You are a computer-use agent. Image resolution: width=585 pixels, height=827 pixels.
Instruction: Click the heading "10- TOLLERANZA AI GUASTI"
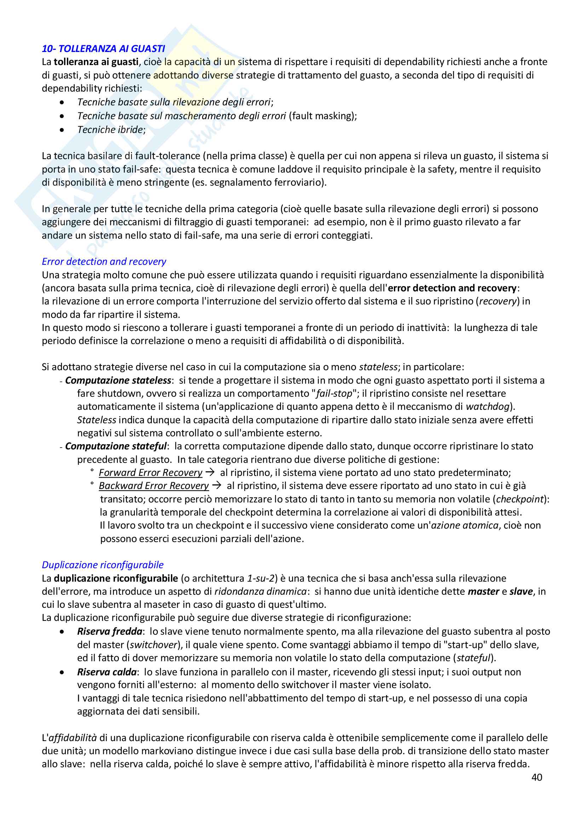(x=103, y=49)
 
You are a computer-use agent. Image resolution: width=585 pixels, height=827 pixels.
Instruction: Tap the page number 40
(x=537, y=777)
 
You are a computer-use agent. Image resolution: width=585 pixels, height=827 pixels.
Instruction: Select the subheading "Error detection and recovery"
(x=104, y=262)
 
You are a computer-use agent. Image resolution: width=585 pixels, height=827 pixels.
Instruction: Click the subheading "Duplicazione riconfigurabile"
(x=103, y=565)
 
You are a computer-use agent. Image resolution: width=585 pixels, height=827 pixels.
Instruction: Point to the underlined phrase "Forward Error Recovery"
(x=150, y=473)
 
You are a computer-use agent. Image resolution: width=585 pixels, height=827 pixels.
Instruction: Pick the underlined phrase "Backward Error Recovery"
(x=154, y=486)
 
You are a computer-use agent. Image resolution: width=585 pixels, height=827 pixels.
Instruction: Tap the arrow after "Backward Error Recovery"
(x=217, y=485)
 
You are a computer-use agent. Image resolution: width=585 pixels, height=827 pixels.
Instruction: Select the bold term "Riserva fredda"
(x=110, y=631)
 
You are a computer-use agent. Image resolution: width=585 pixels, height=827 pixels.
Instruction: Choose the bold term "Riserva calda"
(x=107, y=672)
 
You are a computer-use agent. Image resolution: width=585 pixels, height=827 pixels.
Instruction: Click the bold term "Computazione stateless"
(x=118, y=380)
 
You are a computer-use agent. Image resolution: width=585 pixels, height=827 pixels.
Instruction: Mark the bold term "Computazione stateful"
(x=116, y=446)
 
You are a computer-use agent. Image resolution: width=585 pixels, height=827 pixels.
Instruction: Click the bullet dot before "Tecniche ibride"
(x=62, y=130)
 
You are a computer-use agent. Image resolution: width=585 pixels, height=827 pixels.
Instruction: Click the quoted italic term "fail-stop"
(x=334, y=394)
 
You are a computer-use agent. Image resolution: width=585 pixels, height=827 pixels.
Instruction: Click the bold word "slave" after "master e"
(x=521, y=592)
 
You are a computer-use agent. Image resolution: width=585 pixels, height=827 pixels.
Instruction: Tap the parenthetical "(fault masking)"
(x=323, y=116)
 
